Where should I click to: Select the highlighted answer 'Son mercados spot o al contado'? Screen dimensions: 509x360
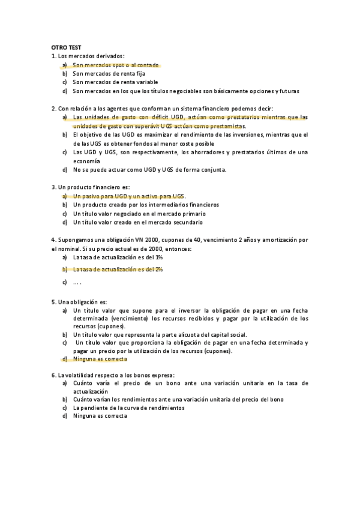click(116, 65)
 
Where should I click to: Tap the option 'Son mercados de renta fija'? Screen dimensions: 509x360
click(109, 73)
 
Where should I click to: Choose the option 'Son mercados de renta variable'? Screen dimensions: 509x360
click(115, 82)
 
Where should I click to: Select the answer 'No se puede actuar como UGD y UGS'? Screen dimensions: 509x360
click(149, 170)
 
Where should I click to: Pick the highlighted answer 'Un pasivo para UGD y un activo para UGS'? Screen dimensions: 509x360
click(129, 196)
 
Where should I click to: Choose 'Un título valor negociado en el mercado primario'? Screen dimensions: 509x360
click(139, 214)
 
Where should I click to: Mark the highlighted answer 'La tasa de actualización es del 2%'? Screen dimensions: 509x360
click(118, 270)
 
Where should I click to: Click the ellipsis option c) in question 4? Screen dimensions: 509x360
click(77, 282)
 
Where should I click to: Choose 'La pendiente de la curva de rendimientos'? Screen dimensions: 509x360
click(128, 408)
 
